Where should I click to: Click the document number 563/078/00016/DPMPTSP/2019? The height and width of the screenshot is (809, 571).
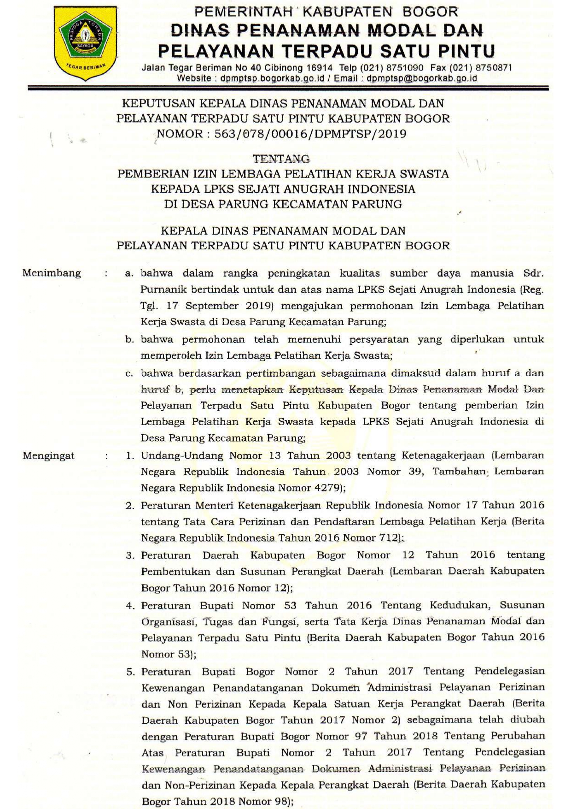tap(310, 134)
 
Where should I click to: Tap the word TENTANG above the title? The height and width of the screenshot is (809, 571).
tap(281, 159)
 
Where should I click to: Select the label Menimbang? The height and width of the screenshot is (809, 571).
tap(52, 273)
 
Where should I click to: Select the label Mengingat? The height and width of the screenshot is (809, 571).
tap(48, 456)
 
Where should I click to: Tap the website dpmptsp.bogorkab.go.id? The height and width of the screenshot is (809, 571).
tap(274, 78)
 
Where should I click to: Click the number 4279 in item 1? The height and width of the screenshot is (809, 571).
tap(326, 488)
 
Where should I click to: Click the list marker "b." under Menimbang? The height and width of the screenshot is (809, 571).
tap(129, 340)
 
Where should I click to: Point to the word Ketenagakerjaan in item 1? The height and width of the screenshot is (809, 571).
tap(443, 455)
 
